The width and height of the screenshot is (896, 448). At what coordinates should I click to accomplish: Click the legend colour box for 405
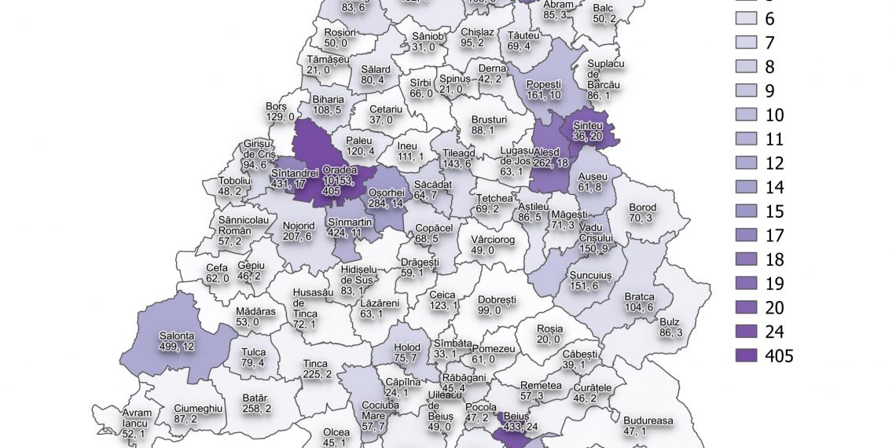click(x=747, y=356)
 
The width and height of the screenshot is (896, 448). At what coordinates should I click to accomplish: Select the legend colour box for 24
click(x=747, y=330)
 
